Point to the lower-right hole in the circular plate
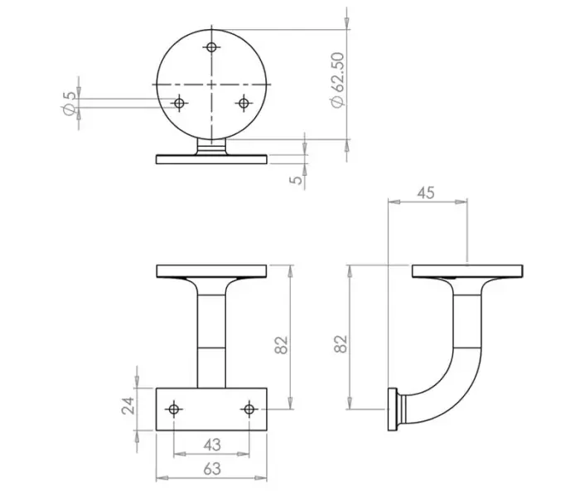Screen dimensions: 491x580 (x=244, y=103)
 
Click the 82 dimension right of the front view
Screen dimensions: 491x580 (x=281, y=343)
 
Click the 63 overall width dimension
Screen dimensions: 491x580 (x=211, y=469)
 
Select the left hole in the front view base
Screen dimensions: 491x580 (x=174, y=409)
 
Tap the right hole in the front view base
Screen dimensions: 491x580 (x=249, y=409)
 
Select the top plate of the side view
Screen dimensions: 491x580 (x=466, y=270)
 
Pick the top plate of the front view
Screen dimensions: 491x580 (x=211, y=270)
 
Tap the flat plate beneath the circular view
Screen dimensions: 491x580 (x=211, y=159)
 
